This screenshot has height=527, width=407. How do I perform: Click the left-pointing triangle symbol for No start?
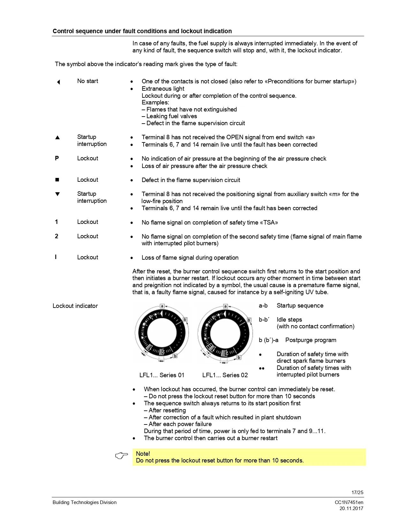pyautogui.click(x=58, y=82)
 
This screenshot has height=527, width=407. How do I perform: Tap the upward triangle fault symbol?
pyautogui.click(x=57, y=138)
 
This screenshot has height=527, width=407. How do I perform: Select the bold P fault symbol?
pyautogui.click(x=57, y=158)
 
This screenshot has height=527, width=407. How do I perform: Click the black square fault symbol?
pyautogui.click(x=57, y=180)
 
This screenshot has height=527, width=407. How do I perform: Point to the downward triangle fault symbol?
pyautogui.click(x=57, y=194)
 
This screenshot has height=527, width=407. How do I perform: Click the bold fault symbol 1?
pyautogui.click(x=57, y=222)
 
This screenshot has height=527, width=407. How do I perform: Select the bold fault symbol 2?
pyautogui.click(x=57, y=236)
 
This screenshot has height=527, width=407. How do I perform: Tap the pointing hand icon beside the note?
pyautogui.click(x=121, y=456)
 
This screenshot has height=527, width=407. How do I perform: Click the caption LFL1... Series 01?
pyautogui.click(x=162, y=375)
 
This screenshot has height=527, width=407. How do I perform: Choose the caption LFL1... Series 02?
pyautogui.click(x=225, y=375)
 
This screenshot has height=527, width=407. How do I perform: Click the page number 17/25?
pyautogui.click(x=357, y=493)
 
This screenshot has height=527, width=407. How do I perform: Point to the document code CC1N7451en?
pyautogui.click(x=349, y=502)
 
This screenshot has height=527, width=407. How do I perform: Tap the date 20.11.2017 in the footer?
pyautogui.click(x=351, y=508)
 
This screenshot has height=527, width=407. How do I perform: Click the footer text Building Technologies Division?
pyautogui.click(x=85, y=502)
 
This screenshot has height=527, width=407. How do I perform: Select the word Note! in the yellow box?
pyautogui.click(x=143, y=454)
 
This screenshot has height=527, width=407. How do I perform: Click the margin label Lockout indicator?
pyautogui.click(x=75, y=306)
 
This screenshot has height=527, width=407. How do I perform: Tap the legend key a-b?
pyautogui.click(x=263, y=306)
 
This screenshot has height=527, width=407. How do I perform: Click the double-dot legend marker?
pyautogui.click(x=262, y=369)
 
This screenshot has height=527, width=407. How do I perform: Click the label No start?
pyautogui.click(x=87, y=81)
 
